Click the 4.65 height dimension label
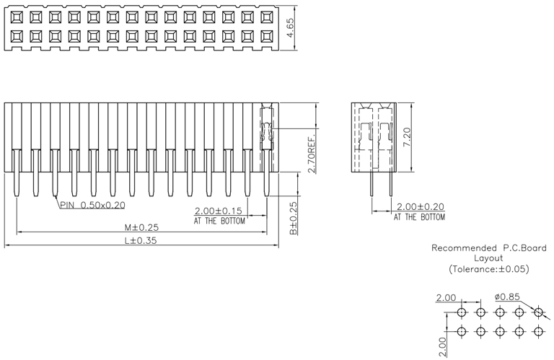point(290,27)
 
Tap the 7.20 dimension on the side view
point(407,137)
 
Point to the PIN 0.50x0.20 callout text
point(92,205)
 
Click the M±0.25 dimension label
point(141,227)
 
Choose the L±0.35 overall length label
point(141,240)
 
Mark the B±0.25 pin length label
point(294,218)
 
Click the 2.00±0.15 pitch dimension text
point(219,211)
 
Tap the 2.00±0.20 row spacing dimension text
point(421,206)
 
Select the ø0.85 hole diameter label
point(507,297)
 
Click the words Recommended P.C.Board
point(489,248)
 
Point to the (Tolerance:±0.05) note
point(489,269)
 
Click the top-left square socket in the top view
point(17,17)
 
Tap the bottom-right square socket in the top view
point(267,36)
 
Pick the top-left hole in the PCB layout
point(462,312)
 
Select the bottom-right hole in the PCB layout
point(538,331)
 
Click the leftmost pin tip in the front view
point(17,196)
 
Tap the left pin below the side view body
point(371,184)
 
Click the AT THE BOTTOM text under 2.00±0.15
point(219,221)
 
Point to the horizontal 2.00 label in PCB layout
point(446,298)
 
